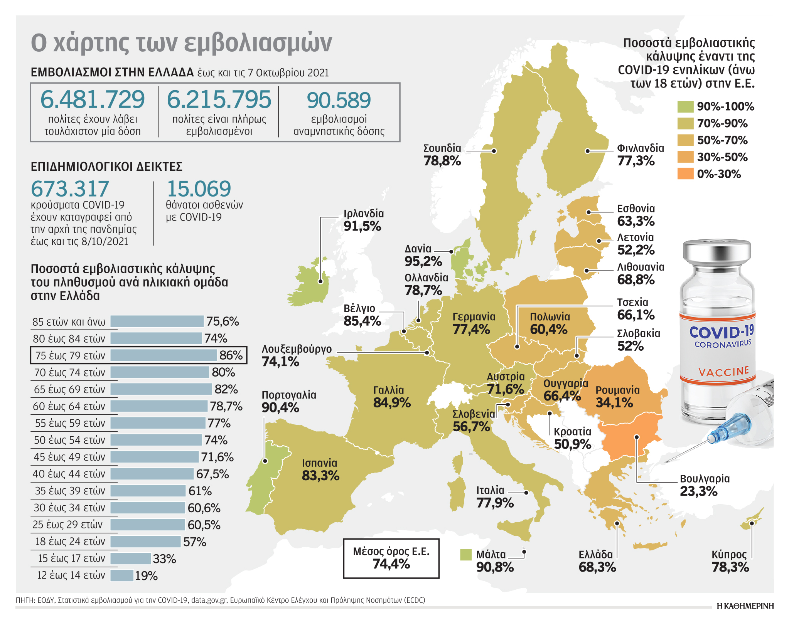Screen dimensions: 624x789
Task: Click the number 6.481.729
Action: point(93,100)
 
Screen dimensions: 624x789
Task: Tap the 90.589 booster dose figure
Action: point(339,101)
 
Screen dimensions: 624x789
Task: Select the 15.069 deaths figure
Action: point(199,189)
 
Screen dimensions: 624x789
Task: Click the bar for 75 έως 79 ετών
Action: point(164,355)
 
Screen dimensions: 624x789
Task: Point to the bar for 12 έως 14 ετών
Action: point(122,575)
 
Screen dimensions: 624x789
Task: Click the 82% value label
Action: point(226,389)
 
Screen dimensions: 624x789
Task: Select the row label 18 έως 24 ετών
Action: point(70,542)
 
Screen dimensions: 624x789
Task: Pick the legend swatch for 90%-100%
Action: point(685,107)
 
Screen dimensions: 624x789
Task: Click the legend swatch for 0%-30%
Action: point(685,174)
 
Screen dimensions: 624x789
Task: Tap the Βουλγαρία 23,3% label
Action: point(704,485)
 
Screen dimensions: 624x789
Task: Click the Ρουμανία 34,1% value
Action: point(614,403)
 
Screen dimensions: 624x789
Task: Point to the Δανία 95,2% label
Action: point(423,256)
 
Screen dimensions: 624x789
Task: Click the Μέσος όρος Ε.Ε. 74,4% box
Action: point(391,558)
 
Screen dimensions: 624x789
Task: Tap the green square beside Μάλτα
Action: point(466,555)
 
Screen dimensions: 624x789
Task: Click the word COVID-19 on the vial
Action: point(720,332)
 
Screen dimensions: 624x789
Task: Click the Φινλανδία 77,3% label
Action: point(640,155)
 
